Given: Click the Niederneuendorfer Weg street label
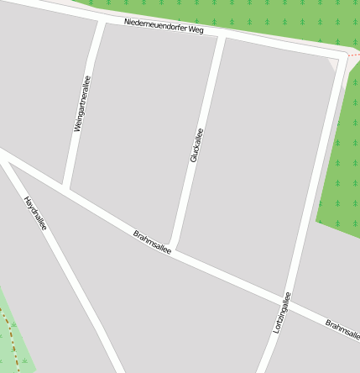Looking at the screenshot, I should [164, 26].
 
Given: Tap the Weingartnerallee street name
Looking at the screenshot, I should [81, 103].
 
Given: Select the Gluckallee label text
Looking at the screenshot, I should [196, 144].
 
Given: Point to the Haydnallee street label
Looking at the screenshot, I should [35, 213].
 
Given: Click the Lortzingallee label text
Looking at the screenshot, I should [282, 313].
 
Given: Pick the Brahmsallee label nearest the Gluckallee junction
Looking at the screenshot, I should [152, 241].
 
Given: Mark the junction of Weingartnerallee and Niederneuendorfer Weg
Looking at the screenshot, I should [102, 18].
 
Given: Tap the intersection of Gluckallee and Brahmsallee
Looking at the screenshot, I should [171, 249].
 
